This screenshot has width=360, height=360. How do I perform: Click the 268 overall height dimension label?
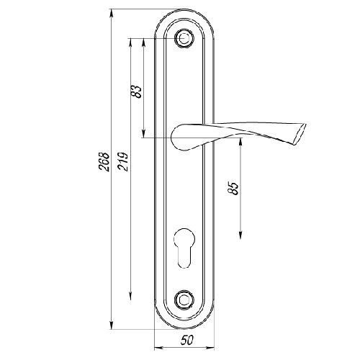coord(104,161)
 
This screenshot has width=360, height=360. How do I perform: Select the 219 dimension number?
coord(123,161)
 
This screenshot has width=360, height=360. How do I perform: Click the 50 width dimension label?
coord(186,340)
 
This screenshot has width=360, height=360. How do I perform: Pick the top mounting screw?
coord(184,38)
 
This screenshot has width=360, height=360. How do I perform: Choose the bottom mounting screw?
coord(184,300)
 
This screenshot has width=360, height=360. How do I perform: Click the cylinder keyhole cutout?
coord(184,248)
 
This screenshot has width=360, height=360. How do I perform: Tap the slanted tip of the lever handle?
coord(300,135)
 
